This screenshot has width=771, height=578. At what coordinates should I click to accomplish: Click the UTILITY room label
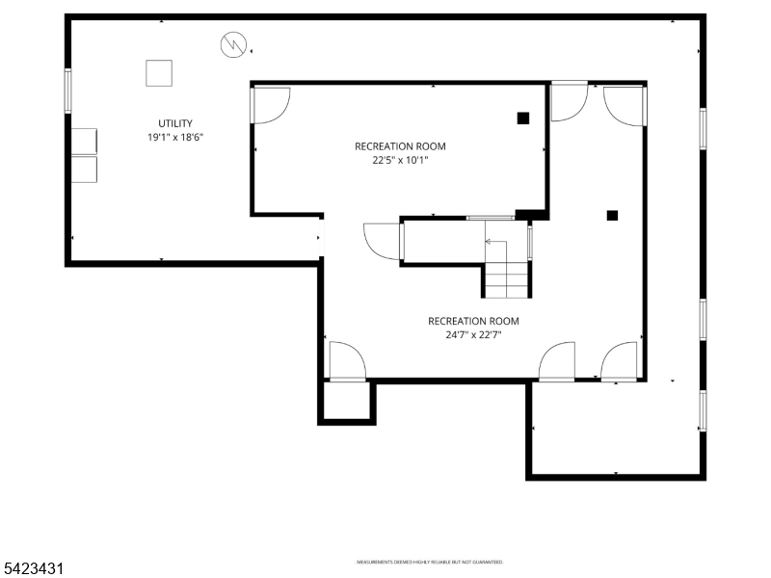click(175, 123)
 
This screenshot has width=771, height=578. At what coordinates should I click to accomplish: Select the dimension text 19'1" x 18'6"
click(175, 138)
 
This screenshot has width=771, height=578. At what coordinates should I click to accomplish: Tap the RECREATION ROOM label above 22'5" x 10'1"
click(400, 146)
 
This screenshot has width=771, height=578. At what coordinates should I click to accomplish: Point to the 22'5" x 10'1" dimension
click(400, 161)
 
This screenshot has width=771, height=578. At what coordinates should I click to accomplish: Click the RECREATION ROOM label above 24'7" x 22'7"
click(473, 321)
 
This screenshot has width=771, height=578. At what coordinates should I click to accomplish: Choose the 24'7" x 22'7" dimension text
click(473, 335)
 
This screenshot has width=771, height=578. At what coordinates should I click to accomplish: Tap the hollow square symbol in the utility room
click(159, 72)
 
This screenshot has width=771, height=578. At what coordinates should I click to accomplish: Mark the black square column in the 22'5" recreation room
click(523, 118)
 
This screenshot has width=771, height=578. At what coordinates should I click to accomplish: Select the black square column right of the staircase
click(612, 216)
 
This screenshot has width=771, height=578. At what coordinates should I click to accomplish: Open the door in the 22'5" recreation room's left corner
click(270, 104)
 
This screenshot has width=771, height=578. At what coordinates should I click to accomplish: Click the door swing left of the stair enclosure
click(383, 241)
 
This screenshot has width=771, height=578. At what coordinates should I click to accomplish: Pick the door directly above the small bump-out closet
click(347, 361)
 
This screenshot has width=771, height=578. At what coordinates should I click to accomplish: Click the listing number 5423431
click(34, 569)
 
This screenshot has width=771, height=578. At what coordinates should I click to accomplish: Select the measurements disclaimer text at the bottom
click(430, 562)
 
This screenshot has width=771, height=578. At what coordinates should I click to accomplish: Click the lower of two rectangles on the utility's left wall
click(83, 170)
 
